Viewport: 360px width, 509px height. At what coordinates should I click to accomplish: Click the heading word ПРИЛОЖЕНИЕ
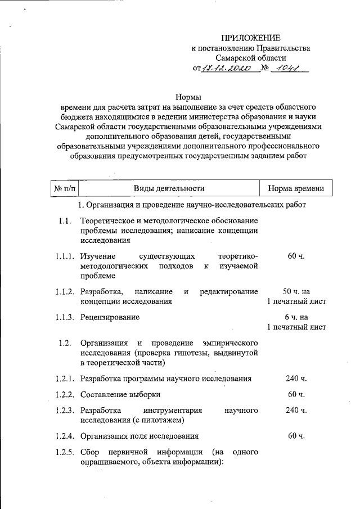(x=250, y=38)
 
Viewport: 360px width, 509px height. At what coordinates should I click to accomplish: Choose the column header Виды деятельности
(x=169, y=188)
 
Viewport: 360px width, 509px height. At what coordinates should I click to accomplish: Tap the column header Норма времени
(x=296, y=188)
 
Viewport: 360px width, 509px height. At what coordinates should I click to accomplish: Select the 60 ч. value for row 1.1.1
(x=296, y=256)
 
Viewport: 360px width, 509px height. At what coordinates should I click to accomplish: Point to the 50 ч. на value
(x=296, y=291)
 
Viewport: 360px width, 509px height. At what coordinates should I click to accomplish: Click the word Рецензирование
(x=110, y=317)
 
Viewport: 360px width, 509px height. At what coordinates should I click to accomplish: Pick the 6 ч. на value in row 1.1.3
(x=296, y=317)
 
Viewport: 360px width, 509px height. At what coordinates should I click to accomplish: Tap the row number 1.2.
(x=64, y=343)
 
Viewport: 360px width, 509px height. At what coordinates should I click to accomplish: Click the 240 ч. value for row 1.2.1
(x=296, y=379)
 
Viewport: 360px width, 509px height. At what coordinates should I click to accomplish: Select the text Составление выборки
(x=120, y=394)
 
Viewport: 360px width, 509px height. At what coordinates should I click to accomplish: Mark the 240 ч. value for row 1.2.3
(x=296, y=410)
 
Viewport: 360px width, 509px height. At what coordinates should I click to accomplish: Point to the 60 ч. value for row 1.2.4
(x=296, y=435)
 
